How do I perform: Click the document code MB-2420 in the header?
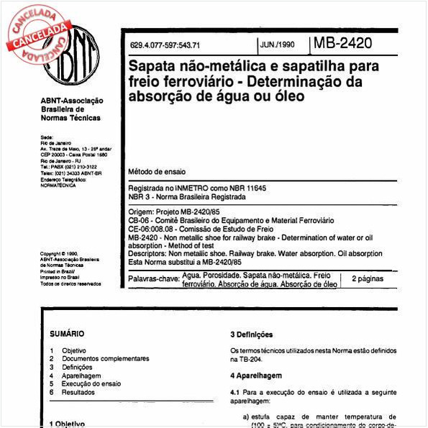(343, 42)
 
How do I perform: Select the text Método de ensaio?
(156, 173)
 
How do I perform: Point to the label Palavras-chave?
(154, 278)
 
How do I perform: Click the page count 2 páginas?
(368, 278)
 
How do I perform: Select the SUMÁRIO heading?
(67, 334)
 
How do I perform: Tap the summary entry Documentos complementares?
(105, 358)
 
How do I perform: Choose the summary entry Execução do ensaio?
(91, 383)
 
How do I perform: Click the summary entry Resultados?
(78, 392)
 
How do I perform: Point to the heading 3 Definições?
(251, 334)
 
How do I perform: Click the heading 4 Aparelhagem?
(255, 375)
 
